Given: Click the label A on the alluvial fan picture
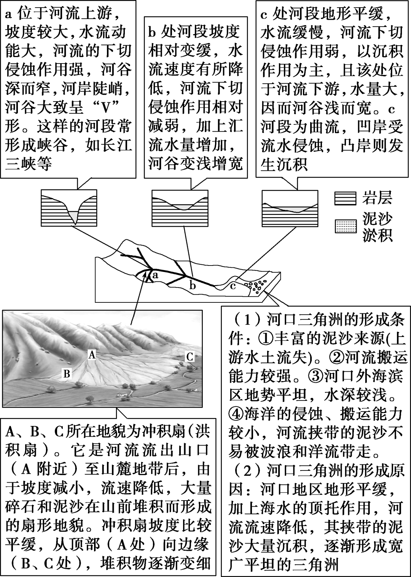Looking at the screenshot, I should pos(91,354).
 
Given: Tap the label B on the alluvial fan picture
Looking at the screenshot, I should pos(67,374).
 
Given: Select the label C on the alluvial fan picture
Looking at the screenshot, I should pos(190,356).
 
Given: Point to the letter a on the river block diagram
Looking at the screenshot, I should pos(155,275).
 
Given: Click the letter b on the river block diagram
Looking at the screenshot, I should pos(193,285).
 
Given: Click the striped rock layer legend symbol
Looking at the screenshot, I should pos(345,199).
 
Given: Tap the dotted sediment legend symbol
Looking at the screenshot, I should pos(345,226).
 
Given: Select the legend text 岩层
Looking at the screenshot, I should pos(377,199).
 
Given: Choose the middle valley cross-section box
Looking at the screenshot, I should pos(180,208).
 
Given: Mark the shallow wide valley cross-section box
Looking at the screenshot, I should pos(290,208).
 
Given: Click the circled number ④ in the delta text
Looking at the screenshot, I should pos(236,414).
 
